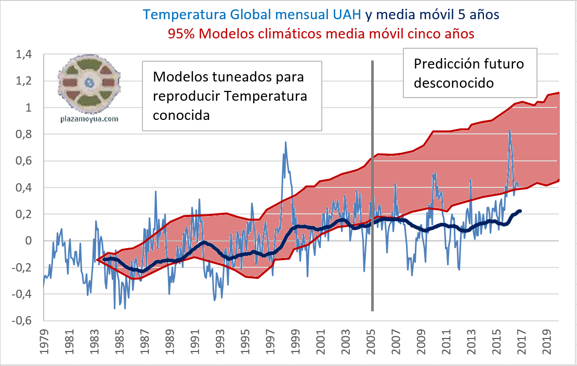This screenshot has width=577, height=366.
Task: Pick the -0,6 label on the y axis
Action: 22,320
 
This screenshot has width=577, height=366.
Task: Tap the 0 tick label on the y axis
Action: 29,241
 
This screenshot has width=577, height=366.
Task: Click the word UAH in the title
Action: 345,14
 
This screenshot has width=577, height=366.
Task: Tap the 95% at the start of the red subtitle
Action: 181,33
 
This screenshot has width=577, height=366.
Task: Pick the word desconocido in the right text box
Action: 453,82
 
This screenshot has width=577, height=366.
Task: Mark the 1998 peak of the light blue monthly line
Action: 285,142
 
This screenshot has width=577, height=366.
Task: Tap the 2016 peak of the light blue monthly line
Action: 510,130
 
